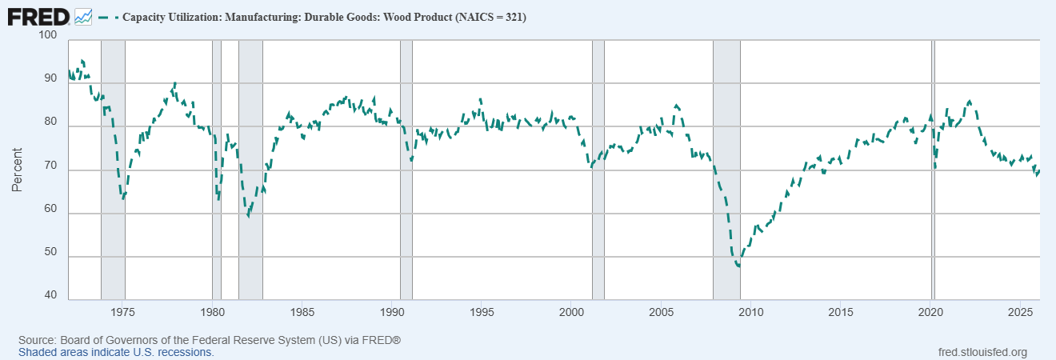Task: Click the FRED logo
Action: [x=38, y=15]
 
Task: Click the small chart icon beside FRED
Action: [x=83, y=16]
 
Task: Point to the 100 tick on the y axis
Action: [x=47, y=35]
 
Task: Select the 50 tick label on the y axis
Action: [x=50, y=252]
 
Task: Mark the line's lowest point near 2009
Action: [x=738, y=266]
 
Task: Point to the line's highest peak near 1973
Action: [x=82, y=61]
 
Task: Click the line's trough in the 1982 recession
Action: [x=248, y=215]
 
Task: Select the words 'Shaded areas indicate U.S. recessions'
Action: [x=116, y=352]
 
